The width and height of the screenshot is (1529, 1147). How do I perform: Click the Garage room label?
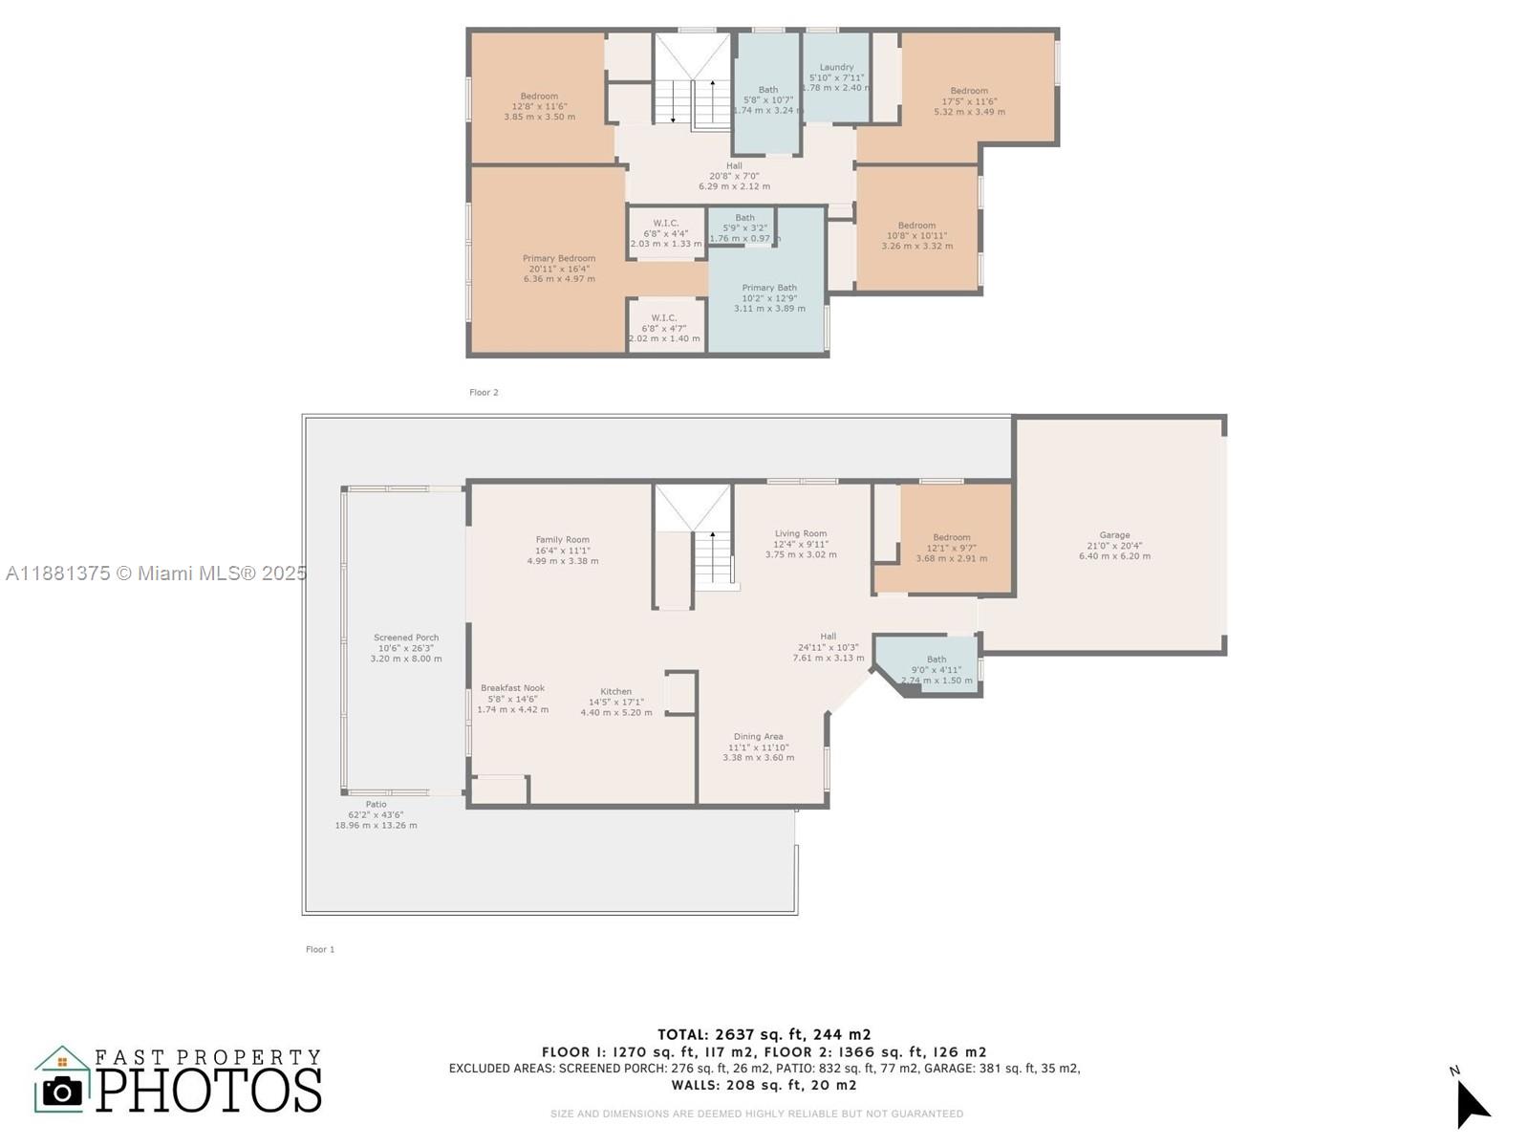(x=1114, y=536)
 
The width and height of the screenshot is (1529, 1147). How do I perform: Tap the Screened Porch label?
(x=406, y=638)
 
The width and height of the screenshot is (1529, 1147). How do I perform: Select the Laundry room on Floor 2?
(x=836, y=77)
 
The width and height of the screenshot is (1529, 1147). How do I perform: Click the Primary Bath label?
(x=769, y=288)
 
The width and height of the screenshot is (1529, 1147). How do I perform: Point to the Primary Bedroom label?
(x=559, y=259)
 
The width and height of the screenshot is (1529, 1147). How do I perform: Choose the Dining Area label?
(x=758, y=737)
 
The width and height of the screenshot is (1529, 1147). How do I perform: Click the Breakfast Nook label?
(x=512, y=688)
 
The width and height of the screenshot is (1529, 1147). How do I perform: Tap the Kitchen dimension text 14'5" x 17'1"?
(x=616, y=703)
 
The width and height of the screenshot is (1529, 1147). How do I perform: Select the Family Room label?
(x=562, y=540)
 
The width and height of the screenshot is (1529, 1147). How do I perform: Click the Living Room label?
(x=801, y=534)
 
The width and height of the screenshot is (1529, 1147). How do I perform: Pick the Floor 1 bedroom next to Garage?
(x=952, y=548)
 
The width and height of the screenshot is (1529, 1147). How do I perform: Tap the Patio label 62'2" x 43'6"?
(x=376, y=814)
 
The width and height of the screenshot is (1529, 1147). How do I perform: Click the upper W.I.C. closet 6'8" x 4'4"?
(x=666, y=233)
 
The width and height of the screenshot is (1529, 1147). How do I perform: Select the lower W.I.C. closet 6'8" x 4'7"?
(x=664, y=328)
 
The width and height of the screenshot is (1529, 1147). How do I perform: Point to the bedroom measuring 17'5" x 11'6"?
(x=969, y=101)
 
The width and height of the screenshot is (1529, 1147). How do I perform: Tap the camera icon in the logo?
(x=63, y=1091)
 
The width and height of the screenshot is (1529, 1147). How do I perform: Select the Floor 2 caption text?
(x=484, y=393)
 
